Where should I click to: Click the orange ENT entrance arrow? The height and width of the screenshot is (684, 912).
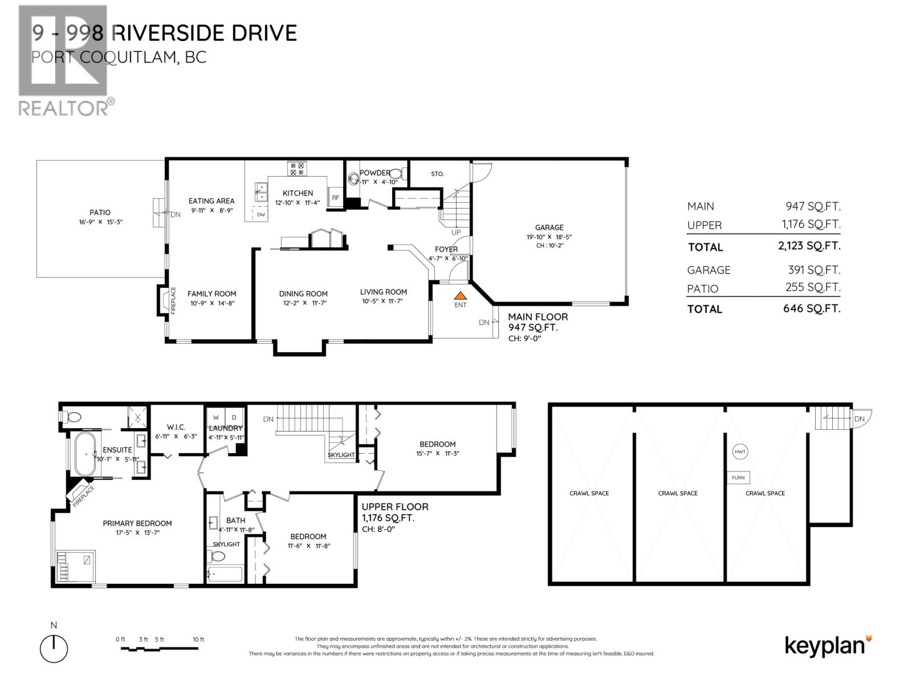460,296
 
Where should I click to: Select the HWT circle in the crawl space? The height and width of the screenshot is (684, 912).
740,452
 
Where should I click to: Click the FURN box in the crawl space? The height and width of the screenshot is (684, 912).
738,478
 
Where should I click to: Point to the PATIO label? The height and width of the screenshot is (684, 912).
100,213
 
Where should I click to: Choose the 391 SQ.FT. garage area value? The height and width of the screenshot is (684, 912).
812,270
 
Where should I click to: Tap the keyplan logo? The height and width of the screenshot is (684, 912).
828,645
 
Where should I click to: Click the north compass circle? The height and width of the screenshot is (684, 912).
54,649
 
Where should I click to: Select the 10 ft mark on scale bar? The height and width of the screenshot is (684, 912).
198,640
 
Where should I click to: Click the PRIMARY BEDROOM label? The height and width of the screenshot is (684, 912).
137,523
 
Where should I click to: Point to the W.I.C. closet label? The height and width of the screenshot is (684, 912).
176,427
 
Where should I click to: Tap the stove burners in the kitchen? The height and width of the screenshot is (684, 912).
297,168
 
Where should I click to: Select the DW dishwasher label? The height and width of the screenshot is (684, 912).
260,215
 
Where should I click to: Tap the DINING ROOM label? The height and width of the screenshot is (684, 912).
303,294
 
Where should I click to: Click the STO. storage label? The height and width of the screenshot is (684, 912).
437,174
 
